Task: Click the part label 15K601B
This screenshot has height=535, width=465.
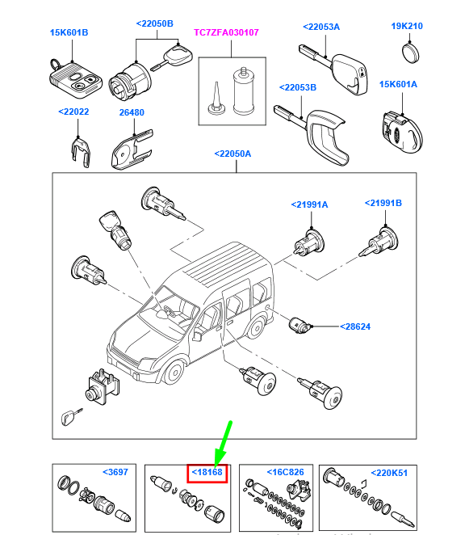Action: click(69, 32)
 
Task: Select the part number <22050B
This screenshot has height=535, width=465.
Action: click(154, 24)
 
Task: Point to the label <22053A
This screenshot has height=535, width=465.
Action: click(321, 27)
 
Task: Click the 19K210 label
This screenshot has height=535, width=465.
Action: click(407, 26)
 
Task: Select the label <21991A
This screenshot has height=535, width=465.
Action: click(309, 204)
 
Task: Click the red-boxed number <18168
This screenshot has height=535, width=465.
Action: click(207, 472)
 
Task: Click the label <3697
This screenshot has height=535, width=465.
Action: click(116, 472)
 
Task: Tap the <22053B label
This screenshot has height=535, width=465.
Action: click(298, 87)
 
